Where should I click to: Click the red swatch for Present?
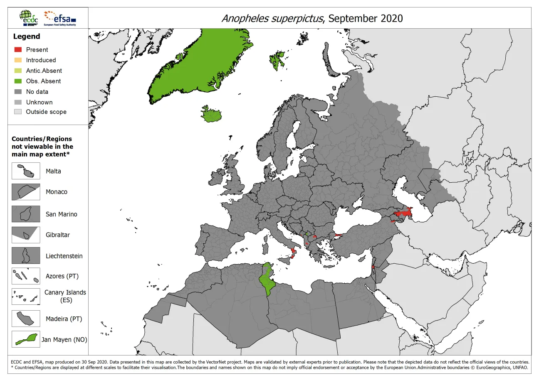point(17,49)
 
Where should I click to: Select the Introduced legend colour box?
point(17,60)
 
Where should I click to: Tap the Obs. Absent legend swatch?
point(17,81)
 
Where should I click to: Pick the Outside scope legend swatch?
point(17,112)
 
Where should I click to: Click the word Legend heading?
point(27,37)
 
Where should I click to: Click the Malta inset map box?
point(26,171)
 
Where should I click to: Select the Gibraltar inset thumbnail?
point(26,235)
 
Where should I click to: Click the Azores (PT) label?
point(62,276)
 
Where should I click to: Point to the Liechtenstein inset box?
point(26,255)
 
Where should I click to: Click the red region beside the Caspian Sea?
point(403,214)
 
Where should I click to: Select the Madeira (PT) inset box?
point(26,319)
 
